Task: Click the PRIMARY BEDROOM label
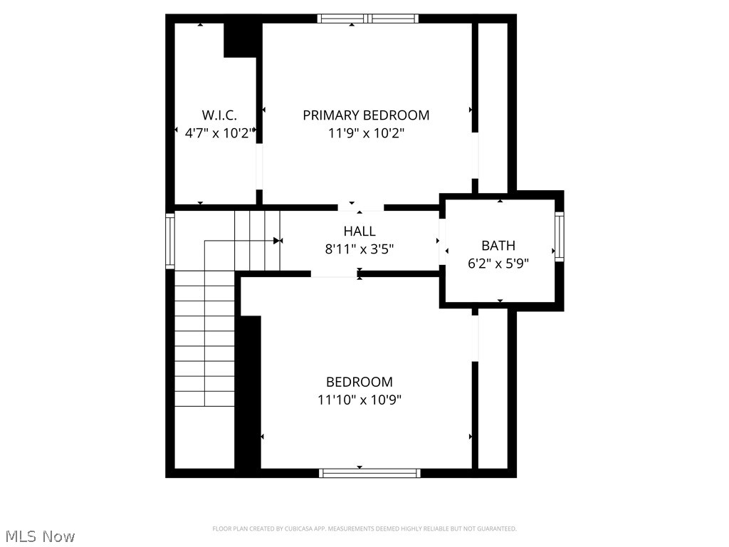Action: (x=366, y=115)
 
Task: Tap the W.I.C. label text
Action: (x=219, y=115)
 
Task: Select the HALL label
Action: (x=360, y=231)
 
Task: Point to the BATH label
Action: (x=498, y=246)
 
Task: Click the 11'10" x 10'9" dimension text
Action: (x=360, y=400)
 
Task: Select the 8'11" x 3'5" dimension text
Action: (x=360, y=249)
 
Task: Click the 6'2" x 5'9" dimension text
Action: (x=498, y=263)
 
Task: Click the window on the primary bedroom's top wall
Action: (x=367, y=19)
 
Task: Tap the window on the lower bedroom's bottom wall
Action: (x=369, y=472)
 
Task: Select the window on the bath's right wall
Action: (x=559, y=236)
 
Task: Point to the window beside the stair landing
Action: (x=170, y=240)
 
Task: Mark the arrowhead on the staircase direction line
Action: (x=278, y=241)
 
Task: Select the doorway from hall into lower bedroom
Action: (x=334, y=273)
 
